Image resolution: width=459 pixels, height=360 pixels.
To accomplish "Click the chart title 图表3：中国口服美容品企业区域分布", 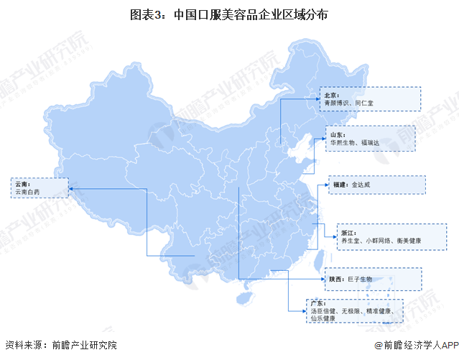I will (x=229, y=14).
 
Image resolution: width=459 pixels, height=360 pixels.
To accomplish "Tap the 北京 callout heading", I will (x=332, y=94).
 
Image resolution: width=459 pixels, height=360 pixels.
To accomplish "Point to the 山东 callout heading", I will (x=338, y=134).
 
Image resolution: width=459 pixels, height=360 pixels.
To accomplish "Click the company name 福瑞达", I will (x=374, y=144).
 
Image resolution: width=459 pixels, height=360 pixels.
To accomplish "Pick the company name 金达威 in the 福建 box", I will (x=361, y=185).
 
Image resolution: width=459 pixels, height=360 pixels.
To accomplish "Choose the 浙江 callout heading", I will (x=348, y=233).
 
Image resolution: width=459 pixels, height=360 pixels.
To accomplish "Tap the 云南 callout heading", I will (x=21, y=184).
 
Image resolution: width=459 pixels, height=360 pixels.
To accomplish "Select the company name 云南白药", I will (x=27, y=193).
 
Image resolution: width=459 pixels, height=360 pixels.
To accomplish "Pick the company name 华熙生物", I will (x=343, y=144).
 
